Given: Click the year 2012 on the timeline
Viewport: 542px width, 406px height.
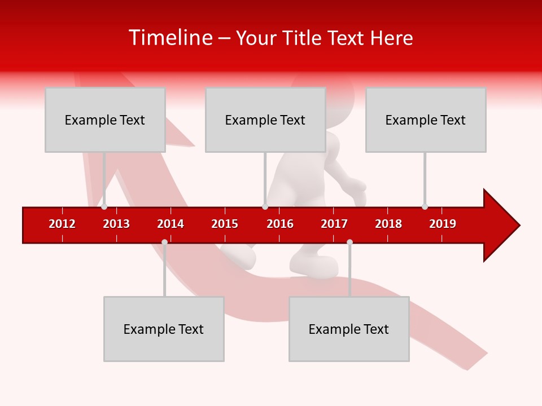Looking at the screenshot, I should [x=62, y=224].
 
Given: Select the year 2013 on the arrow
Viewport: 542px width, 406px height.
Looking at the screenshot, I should [x=116, y=224].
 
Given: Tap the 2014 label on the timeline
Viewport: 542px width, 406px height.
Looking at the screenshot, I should [x=171, y=224].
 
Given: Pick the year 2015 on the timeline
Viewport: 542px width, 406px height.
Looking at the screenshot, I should [x=225, y=224].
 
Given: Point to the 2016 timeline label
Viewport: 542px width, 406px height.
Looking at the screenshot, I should [x=280, y=224].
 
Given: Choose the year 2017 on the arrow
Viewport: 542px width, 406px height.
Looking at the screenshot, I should [x=334, y=224].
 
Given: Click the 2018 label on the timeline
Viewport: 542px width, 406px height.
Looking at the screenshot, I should [x=388, y=224].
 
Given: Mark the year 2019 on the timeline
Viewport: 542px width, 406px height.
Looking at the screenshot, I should [x=443, y=224].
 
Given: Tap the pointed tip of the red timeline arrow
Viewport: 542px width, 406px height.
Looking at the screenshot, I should [x=518, y=226].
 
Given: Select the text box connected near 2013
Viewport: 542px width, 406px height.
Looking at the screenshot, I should [x=105, y=120].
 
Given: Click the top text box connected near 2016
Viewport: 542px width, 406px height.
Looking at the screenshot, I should [x=265, y=120].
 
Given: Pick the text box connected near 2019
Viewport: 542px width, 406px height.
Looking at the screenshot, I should [x=426, y=120].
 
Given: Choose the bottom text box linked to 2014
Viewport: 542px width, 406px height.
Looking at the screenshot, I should [x=164, y=329].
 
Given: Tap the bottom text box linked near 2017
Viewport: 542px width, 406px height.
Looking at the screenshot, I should [x=349, y=329].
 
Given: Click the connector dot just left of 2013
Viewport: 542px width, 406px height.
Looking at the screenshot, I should [x=104, y=207].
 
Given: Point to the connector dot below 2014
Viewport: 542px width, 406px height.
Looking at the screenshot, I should [x=164, y=242].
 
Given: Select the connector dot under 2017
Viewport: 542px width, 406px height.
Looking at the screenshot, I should [x=349, y=242].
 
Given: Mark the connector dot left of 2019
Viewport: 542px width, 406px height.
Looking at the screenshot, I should [x=425, y=207].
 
